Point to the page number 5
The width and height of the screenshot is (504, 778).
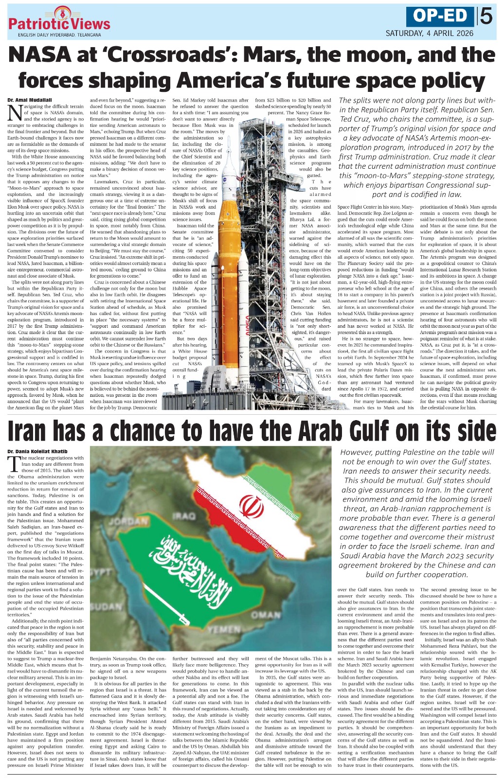pyautogui.click(x=486, y=17)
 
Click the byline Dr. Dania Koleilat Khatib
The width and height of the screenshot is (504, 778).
pyautogui.click(x=37, y=451)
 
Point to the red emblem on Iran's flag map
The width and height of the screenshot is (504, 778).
pyautogui.click(x=252, y=506)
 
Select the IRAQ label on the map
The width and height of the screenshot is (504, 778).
pyautogui.click(x=184, y=515)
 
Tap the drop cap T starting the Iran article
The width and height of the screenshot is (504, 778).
pyautogui.click(x=14, y=464)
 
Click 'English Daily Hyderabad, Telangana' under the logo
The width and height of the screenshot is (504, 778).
pyautogui.click(x=59, y=35)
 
